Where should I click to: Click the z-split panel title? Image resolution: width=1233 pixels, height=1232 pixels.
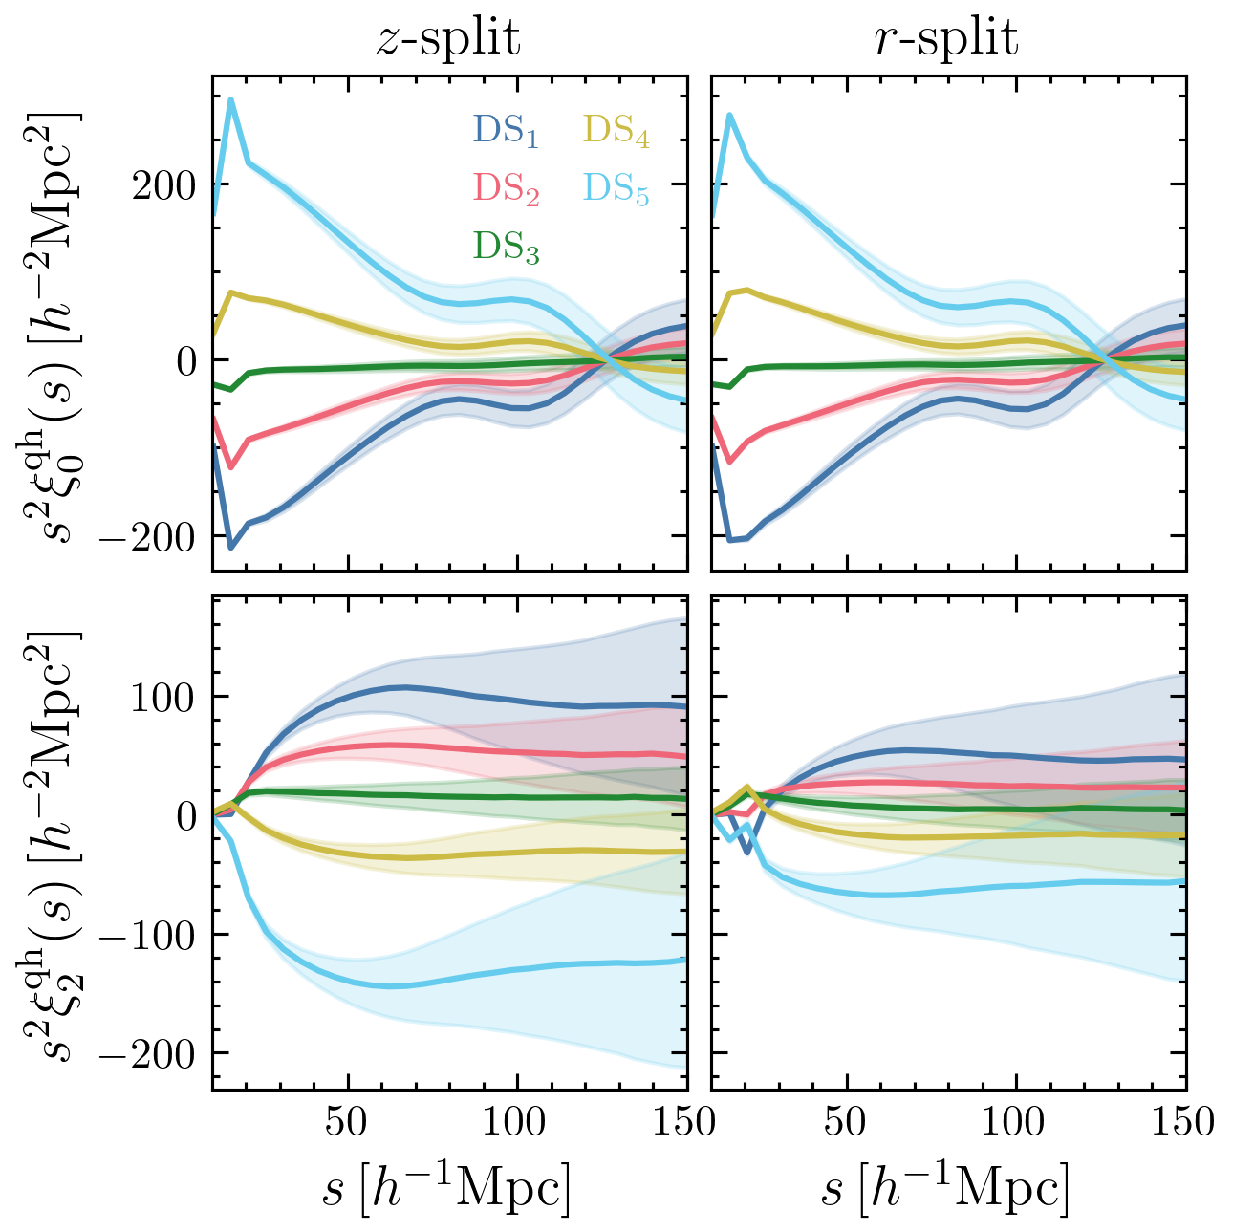(447, 39)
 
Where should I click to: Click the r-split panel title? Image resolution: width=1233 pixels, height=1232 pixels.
(947, 39)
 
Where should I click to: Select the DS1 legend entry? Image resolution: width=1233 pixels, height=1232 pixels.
(506, 131)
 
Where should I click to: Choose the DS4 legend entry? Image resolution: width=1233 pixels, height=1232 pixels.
(616, 131)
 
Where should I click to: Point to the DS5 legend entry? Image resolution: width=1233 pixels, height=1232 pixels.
(616, 189)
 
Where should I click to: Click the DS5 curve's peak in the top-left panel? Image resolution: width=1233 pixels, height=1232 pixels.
(230, 100)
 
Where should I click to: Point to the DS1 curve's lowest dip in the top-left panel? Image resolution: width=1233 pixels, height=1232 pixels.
(230, 547)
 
